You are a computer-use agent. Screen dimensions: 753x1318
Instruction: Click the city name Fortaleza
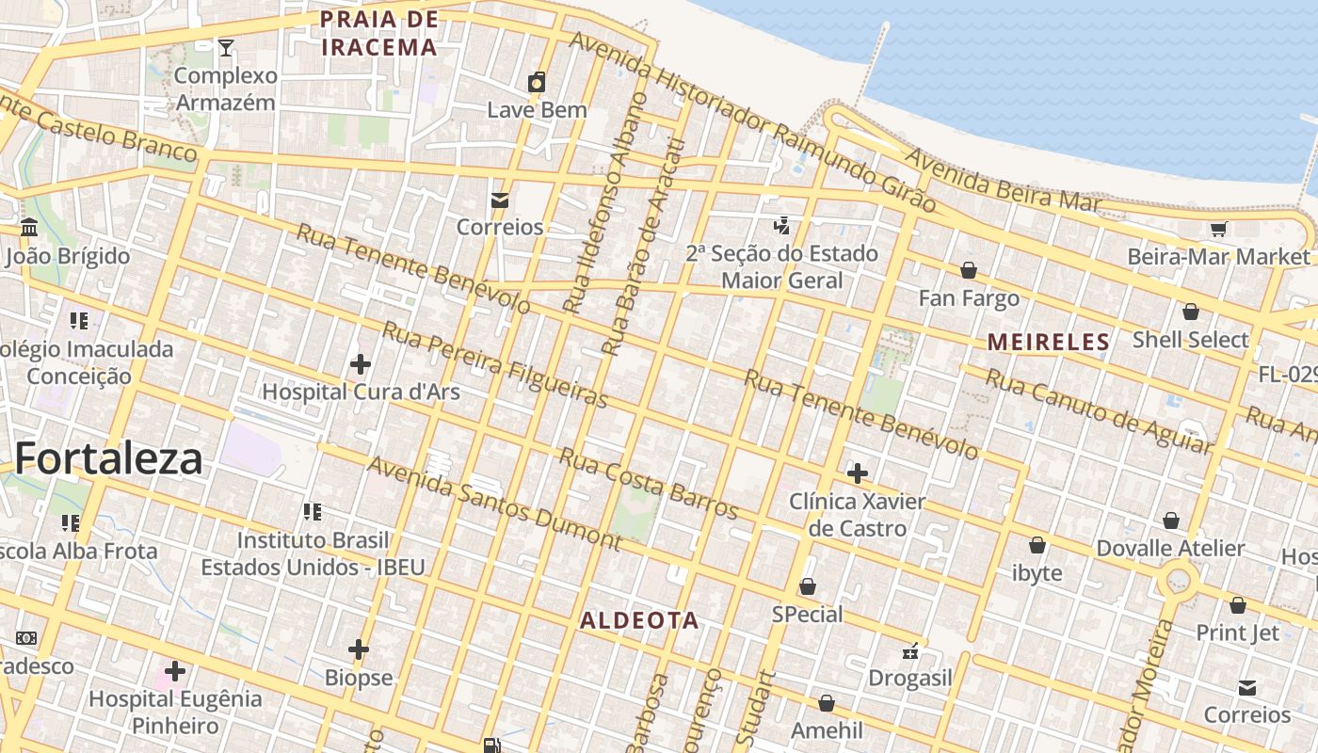pyautogui.click(x=108, y=458)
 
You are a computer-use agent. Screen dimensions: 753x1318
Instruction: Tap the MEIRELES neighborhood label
pyautogui.click(x=1049, y=342)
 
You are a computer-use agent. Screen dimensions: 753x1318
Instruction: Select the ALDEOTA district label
pyautogui.click(x=639, y=620)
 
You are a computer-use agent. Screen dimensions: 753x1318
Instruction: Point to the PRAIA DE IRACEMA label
pyautogui.click(x=379, y=33)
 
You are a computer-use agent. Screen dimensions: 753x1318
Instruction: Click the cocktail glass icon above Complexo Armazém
pyautogui.click(x=226, y=48)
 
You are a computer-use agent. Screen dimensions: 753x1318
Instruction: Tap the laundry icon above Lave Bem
pyautogui.click(x=537, y=83)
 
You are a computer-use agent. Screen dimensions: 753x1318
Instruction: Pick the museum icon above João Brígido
pyautogui.click(x=29, y=228)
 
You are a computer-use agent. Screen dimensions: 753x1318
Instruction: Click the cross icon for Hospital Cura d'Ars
pyautogui.click(x=360, y=363)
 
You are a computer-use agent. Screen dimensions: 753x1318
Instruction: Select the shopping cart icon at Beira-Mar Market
pyautogui.click(x=1218, y=229)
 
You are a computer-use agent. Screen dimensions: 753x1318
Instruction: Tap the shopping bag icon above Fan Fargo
pyautogui.click(x=968, y=271)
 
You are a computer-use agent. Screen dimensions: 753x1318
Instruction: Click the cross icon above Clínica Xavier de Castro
pyautogui.click(x=857, y=473)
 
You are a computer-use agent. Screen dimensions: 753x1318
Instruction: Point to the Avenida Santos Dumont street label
pyautogui.click(x=494, y=504)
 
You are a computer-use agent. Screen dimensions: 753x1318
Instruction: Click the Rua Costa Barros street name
pyautogui.click(x=649, y=483)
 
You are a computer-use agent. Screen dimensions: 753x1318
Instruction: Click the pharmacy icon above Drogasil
pyautogui.click(x=910, y=650)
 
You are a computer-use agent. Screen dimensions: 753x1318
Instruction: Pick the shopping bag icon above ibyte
pyautogui.click(x=1037, y=545)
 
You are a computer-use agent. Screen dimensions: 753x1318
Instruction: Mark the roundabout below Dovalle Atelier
pyautogui.click(x=1178, y=578)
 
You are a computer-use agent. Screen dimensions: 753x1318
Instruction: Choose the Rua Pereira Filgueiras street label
pyautogui.click(x=495, y=365)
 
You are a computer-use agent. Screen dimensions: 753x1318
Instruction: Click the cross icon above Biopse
pyautogui.click(x=359, y=649)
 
